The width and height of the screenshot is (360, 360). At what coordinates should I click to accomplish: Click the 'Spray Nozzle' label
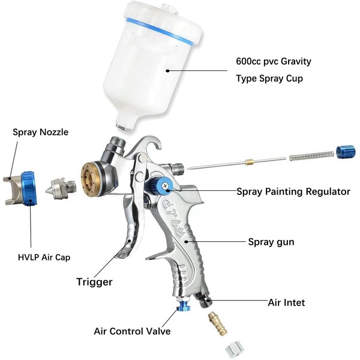click(40, 132)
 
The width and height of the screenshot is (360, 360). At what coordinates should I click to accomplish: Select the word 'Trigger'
click(94, 281)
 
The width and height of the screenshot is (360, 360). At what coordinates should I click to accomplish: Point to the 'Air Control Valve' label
click(132, 331)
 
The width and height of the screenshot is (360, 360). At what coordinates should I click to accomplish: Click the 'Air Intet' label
click(286, 302)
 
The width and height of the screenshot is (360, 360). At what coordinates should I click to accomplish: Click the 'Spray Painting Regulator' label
click(293, 192)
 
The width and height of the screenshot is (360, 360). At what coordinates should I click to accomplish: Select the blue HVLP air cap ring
click(27, 188)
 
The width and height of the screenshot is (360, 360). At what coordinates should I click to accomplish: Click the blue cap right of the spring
click(346, 152)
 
